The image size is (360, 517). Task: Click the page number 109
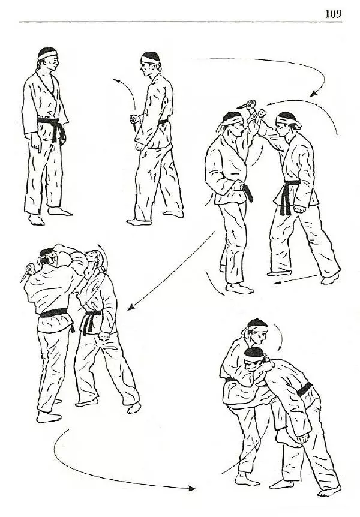click(333, 14)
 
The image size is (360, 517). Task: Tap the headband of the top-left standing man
click(47, 55)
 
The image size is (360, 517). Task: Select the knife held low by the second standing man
click(133, 124)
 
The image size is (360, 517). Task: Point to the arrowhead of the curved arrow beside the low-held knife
click(115, 80)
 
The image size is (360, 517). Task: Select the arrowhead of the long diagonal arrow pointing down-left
click(131, 307)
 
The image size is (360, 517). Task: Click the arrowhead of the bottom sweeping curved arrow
click(192, 488)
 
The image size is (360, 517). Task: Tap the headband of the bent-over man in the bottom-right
click(254, 357)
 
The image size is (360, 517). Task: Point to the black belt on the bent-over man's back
click(304, 389)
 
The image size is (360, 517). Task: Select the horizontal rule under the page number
click(181, 22)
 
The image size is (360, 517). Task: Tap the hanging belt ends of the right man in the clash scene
click(286, 200)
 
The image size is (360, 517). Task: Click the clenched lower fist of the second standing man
click(140, 146)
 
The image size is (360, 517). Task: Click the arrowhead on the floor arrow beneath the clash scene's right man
click(275, 282)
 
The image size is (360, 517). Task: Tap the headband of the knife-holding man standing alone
click(151, 60)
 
